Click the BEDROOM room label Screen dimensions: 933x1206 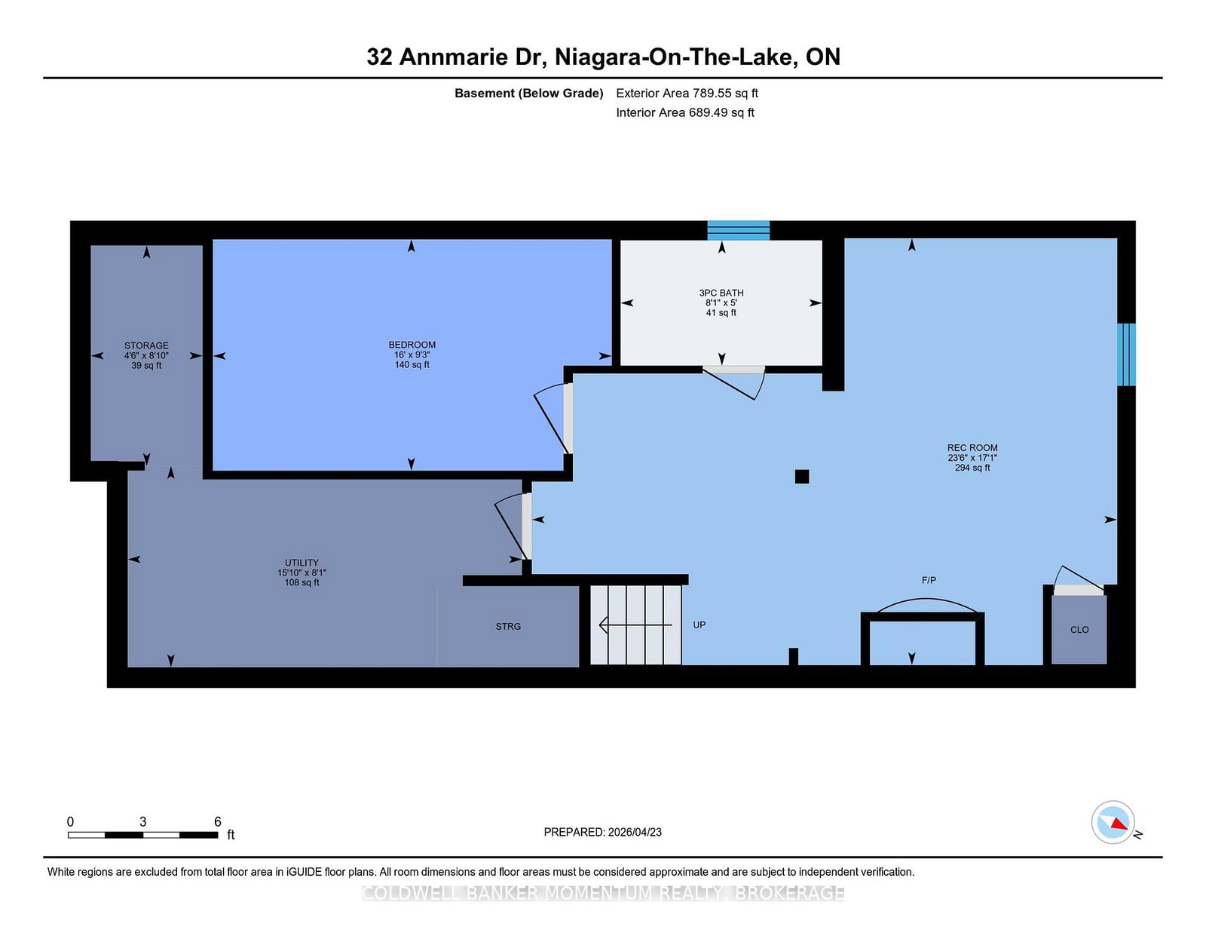(412, 345)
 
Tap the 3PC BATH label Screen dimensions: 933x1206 (721, 293)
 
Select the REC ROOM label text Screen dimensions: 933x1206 (972, 447)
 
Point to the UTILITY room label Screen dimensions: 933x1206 (301, 563)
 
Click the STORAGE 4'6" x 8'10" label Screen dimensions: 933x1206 (146, 355)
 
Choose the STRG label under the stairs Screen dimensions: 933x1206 (508, 627)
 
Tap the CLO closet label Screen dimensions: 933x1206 (1079, 630)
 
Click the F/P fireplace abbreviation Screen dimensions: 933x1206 (929, 580)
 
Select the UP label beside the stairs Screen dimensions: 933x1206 (699, 625)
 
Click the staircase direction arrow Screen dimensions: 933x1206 (634, 625)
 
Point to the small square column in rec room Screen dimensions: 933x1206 (802, 477)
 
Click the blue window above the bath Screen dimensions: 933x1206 (738, 230)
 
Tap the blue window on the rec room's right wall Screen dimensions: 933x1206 (1126, 354)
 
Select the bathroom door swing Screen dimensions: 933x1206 (735, 382)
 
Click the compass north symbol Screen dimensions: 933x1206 (1113, 822)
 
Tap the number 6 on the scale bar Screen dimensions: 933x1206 (217, 821)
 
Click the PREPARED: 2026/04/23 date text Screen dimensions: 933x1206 (602, 832)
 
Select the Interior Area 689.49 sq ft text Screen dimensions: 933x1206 (684, 112)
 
